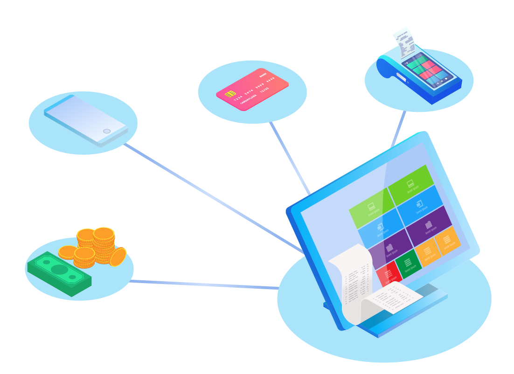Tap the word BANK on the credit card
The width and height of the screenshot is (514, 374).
263,75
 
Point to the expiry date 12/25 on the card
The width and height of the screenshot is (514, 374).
264,89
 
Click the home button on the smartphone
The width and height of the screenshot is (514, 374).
107,131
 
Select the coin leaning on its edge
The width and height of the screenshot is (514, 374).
118,257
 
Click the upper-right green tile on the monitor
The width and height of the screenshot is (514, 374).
410,185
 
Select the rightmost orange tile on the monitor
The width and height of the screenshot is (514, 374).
447,241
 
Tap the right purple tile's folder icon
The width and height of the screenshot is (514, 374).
429,224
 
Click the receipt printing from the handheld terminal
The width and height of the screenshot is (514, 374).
404,42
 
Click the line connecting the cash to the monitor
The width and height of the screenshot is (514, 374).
205,284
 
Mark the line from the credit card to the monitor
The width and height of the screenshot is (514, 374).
289,159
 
